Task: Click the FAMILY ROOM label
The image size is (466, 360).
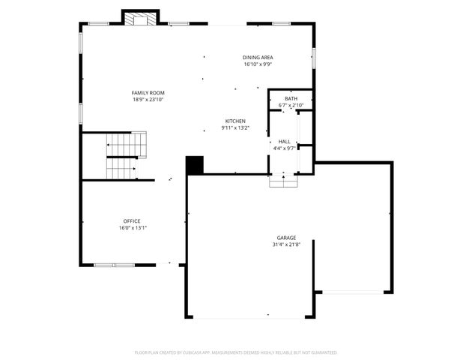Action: pos(148,92)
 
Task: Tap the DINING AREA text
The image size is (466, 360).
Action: pos(257,58)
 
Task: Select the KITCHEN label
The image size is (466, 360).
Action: pos(235,121)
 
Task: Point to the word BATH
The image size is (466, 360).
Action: pos(291,99)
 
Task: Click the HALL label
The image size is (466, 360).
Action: pos(284,141)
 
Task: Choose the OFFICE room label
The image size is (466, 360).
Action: pos(132,220)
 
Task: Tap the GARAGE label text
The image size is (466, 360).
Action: pos(286,238)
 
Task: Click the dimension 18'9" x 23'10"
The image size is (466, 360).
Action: pos(148,99)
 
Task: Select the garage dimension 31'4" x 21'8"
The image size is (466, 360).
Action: pos(286,244)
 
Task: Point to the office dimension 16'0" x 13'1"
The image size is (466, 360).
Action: pos(132,227)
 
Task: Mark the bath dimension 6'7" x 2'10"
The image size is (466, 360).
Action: pos(291,106)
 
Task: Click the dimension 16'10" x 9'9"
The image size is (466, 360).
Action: pos(257,64)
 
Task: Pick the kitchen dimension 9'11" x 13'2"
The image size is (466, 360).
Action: pos(235,127)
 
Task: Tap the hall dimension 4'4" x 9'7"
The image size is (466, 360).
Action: pos(284,148)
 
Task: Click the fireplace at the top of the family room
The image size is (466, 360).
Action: pos(140,19)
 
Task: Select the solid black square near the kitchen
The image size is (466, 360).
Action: pos(195,165)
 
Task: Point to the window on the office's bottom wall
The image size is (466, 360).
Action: pos(114,264)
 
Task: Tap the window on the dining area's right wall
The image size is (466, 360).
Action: pos(314,56)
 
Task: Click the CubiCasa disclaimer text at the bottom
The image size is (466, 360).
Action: pos(235,352)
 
